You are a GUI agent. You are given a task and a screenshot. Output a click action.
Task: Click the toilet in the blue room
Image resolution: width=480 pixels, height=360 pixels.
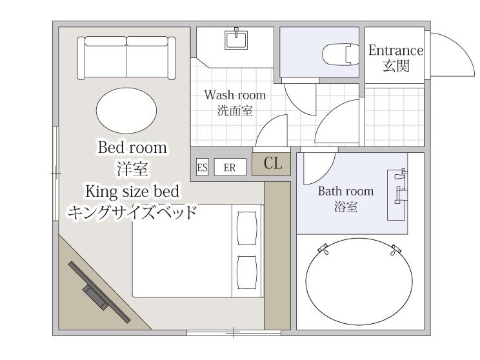(x=341, y=54)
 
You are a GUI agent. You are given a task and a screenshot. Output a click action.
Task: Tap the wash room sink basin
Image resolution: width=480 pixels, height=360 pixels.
(x=236, y=39)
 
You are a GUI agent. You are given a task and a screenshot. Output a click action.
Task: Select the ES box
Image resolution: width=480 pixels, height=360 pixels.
(x=202, y=167)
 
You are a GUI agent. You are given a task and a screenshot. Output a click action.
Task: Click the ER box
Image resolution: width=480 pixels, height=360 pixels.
(x=230, y=167)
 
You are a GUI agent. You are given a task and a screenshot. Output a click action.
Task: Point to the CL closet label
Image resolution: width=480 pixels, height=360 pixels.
(x=273, y=163)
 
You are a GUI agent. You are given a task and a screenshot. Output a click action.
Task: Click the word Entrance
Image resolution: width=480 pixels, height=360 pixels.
(x=396, y=50)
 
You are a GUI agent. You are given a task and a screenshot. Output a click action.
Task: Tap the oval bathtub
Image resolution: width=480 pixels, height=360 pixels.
(x=359, y=282)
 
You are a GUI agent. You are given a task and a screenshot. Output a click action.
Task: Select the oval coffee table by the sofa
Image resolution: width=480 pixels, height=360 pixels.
(x=126, y=110)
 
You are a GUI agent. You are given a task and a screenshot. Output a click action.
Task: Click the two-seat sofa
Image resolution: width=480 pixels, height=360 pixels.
(x=126, y=58)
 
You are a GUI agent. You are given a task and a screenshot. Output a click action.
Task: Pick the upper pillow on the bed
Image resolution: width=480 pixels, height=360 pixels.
(x=247, y=228)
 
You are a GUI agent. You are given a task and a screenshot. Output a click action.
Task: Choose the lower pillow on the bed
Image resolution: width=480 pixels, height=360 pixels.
(x=247, y=272)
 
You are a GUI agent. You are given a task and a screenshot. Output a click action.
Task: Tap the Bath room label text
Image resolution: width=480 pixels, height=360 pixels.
(x=346, y=192)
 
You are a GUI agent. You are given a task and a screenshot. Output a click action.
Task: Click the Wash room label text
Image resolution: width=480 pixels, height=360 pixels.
(x=235, y=95)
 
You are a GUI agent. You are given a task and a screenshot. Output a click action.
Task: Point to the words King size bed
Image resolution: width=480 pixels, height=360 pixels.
(x=132, y=192)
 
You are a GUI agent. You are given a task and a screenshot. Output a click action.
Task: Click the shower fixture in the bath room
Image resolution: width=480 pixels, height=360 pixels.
(x=400, y=186)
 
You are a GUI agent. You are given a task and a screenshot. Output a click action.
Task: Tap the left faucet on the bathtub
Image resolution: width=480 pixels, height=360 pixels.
(x=323, y=248)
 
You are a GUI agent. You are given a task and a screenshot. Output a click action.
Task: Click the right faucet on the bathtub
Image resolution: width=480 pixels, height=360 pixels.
(x=395, y=250)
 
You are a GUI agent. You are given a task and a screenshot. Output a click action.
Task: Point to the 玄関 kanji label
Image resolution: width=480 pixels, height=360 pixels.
(x=396, y=66)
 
